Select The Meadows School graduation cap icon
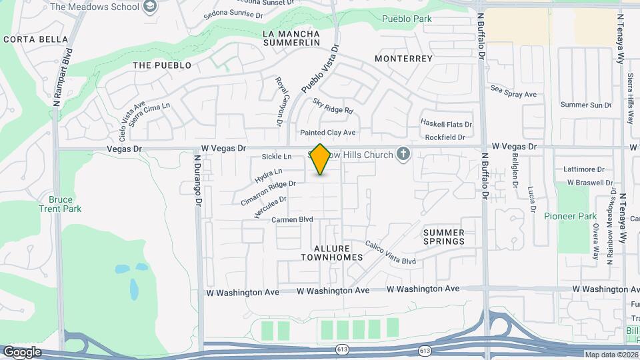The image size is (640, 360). [150, 7]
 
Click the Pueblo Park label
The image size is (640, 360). [407, 19]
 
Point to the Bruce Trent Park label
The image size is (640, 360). [65, 204]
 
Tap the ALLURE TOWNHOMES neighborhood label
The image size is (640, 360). [331, 253]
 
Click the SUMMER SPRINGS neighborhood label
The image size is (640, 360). [443, 237]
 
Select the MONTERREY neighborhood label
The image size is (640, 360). [403, 59]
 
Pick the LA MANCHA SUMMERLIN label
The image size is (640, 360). [291, 38]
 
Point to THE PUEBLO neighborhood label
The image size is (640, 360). [162, 65]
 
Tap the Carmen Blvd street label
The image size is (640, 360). [292, 219]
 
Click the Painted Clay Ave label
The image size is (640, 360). [327, 133]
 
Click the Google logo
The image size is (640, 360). [22, 352]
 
